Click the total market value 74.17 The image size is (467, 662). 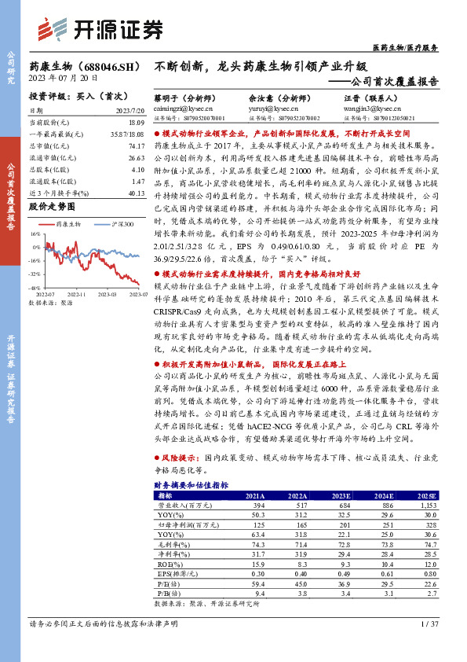(x=136, y=146)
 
